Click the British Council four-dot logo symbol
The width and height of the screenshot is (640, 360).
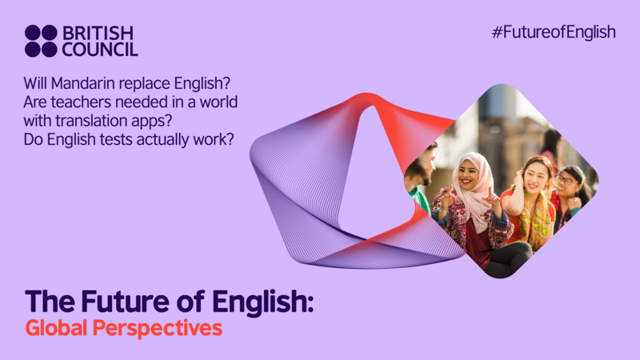[41, 41]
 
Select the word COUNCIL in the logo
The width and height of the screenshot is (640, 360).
[100, 50]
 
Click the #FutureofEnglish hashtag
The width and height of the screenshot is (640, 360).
[554, 32]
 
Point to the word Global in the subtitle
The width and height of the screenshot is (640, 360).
[55, 328]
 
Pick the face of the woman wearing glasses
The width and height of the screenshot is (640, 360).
[567, 181]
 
